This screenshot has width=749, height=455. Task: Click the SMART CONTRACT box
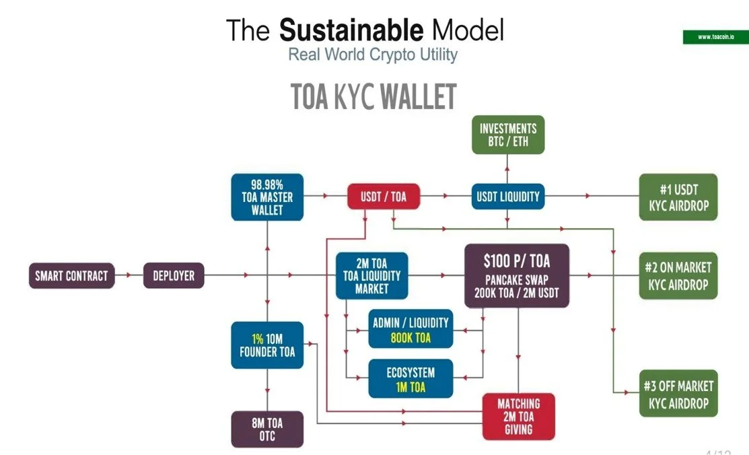(x=71, y=275)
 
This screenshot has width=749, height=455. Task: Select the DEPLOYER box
(x=174, y=275)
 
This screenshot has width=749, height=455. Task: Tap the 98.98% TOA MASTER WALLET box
(x=267, y=197)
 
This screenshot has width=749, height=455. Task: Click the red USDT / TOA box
(x=384, y=197)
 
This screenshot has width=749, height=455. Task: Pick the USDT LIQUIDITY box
(x=507, y=197)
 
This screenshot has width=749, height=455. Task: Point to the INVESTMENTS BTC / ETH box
(x=508, y=135)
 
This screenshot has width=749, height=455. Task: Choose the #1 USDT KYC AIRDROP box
(x=678, y=197)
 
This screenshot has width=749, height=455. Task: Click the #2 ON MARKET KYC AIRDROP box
(x=678, y=276)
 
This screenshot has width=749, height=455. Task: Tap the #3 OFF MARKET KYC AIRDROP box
(x=678, y=394)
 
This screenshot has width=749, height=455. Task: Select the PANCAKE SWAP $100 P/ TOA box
(x=517, y=275)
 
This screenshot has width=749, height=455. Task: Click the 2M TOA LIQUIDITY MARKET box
(x=371, y=275)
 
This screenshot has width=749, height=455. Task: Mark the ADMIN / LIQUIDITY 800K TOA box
(x=411, y=329)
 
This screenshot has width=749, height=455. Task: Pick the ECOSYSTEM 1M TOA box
(x=411, y=379)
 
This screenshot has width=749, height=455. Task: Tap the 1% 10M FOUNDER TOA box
(x=267, y=345)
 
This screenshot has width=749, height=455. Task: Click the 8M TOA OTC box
(x=267, y=429)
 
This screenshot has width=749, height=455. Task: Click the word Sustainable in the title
(x=351, y=30)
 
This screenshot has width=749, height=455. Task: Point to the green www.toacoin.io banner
(x=715, y=37)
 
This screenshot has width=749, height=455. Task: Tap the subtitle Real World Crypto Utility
(x=372, y=55)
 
